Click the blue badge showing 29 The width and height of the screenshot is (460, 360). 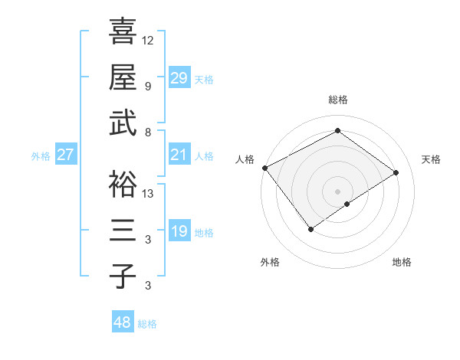click(179, 77)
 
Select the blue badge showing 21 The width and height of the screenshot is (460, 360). click(179, 155)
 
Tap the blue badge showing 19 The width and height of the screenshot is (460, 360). click(179, 232)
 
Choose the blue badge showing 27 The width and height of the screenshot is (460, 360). click(66, 155)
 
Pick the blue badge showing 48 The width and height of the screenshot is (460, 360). click(123, 322)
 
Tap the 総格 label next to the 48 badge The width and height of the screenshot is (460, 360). click(147, 324)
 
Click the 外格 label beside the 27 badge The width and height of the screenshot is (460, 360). click(41, 156)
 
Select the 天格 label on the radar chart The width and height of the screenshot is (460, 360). click(431, 159)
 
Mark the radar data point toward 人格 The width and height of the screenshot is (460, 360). click(264, 168)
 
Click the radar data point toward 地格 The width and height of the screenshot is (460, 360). click(347, 204)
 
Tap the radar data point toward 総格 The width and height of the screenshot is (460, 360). click(337, 132)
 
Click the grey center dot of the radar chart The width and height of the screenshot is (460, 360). click(337, 190)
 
